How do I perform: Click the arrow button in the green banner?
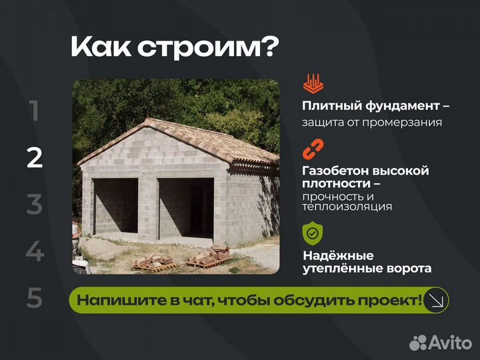pyautogui.click(x=437, y=300)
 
